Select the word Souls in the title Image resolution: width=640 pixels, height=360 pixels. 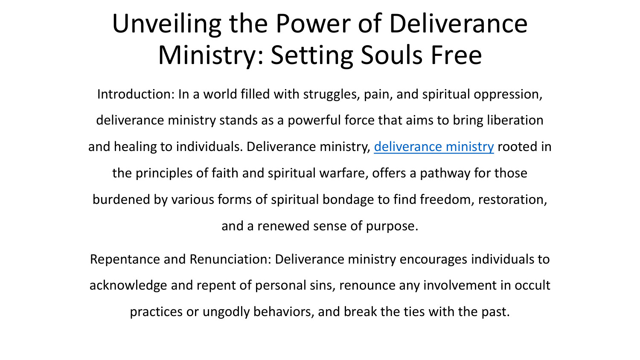391,55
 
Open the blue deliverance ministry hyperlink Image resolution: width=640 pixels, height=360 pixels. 433,147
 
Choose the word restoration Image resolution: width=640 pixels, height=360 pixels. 512,200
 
